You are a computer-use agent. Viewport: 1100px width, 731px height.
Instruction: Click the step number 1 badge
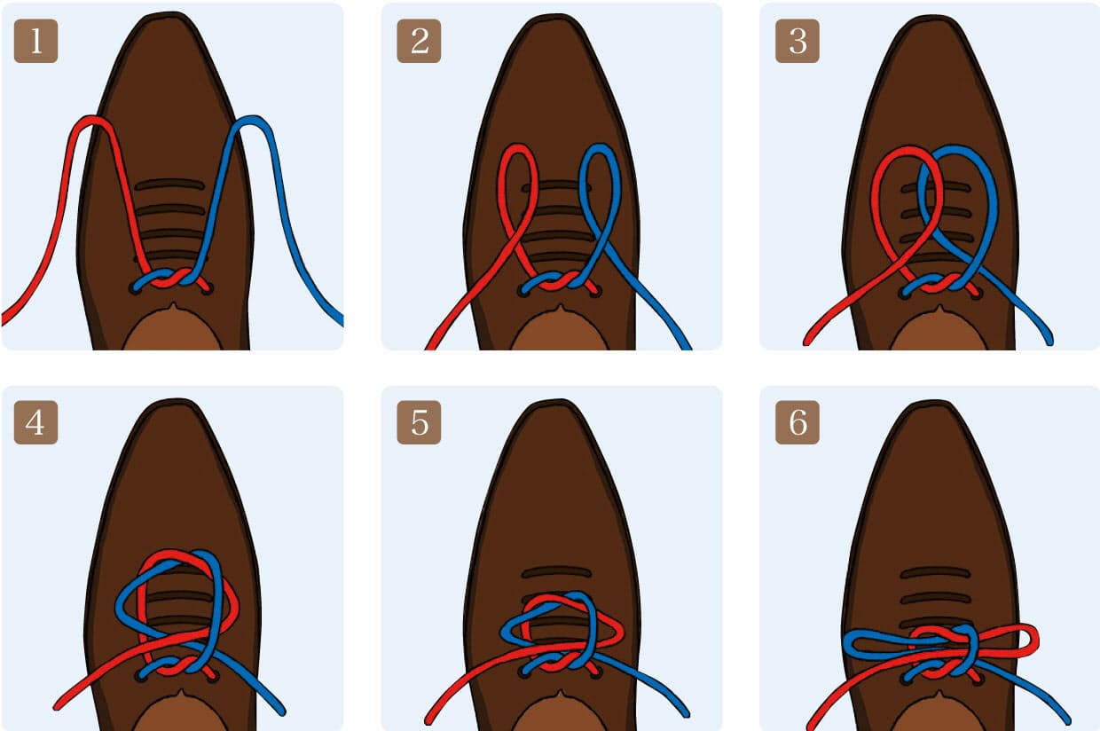click(35, 41)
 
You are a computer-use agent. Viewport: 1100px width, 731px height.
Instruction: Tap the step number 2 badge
click(419, 41)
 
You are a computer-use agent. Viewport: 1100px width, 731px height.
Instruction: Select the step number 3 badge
click(797, 41)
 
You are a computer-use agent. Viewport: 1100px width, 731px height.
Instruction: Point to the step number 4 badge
click(35, 422)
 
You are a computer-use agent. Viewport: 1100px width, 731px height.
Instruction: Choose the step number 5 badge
click(419, 422)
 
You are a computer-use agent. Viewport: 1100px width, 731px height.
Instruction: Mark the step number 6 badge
click(797, 422)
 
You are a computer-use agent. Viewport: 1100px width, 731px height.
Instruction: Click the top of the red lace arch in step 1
click(91, 119)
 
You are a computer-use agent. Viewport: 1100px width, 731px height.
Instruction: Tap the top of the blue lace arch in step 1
click(252, 120)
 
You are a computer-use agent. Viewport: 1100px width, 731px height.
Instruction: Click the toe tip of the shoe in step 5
click(556, 401)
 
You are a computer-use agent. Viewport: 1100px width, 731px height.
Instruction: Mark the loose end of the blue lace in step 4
click(281, 711)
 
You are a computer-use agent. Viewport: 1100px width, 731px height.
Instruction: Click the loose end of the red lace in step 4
click(58, 707)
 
